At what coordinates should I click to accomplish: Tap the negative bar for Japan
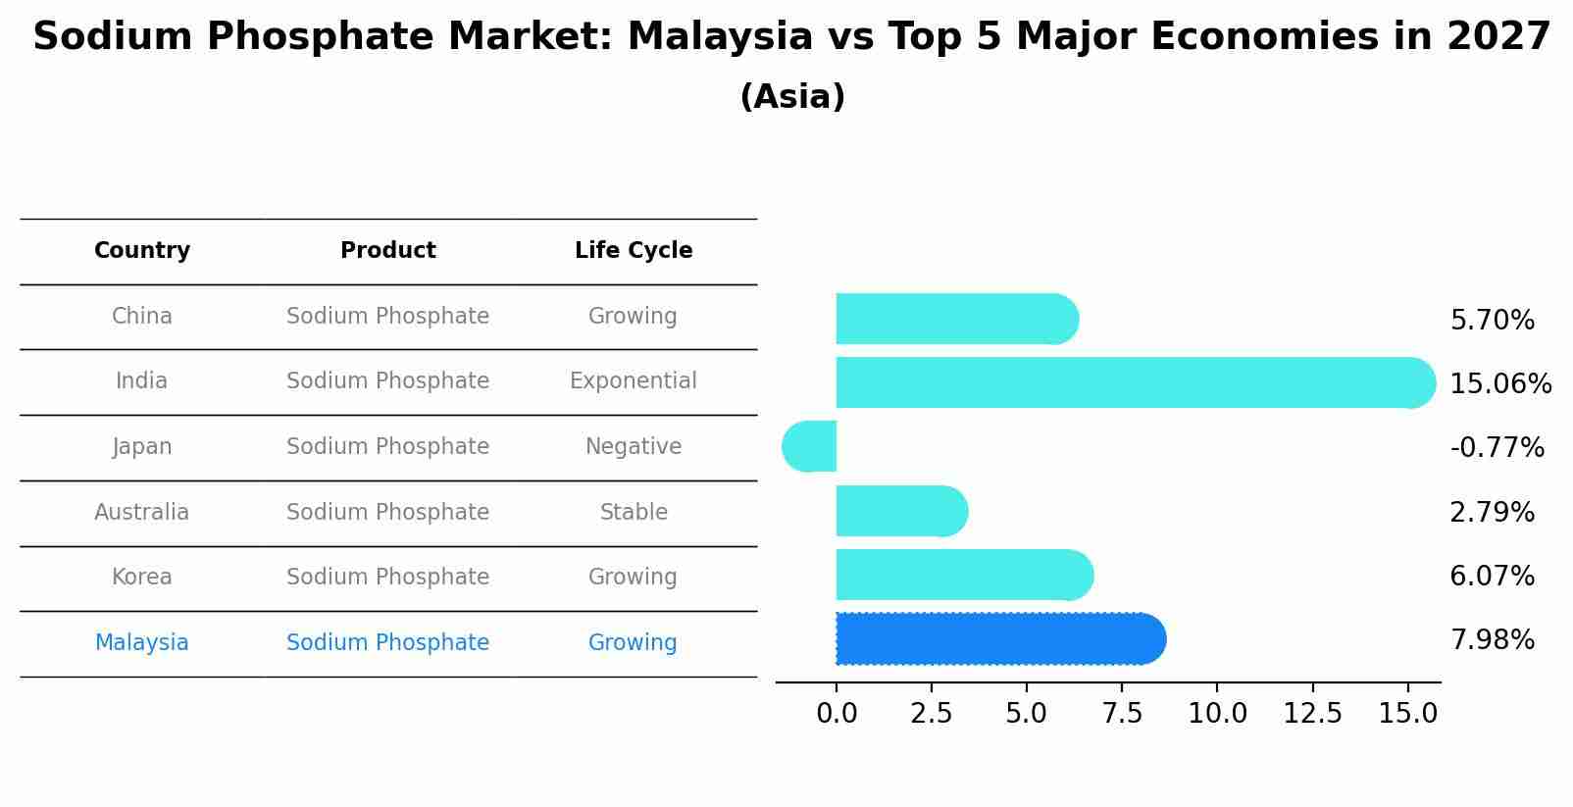pyautogui.click(x=810, y=447)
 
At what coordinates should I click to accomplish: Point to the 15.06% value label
pyautogui.click(x=1499, y=384)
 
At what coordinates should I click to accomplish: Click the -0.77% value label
pyautogui.click(x=1497, y=448)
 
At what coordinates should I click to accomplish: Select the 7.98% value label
pyautogui.click(x=1492, y=640)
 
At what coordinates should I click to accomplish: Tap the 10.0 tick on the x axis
pyautogui.click(x=1217, y=714)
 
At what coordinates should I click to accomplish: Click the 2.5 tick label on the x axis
pyautogui.click(x=931, y=714)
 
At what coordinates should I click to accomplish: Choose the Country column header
pyautogui.click(x=142, y=251)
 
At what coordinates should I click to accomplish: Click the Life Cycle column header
pyautogui.click(x=634, y=251)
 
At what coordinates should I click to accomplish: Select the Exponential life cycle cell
pyautogui.click(x=634, y=380)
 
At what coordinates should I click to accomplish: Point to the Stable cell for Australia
pyautogui.click(x=634, y=512)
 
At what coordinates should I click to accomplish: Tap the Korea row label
pyautogui.click(x=142, y=577)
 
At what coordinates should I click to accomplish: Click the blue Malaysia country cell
pyautogui.click(x=142, y=642)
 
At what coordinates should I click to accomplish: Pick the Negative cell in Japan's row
pyautogui.click(x=634, y=446)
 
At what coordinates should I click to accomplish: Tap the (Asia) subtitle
pyautogui.click(x=792, y=97)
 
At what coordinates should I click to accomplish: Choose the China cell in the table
pyautogui.click(x=142, y=316)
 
